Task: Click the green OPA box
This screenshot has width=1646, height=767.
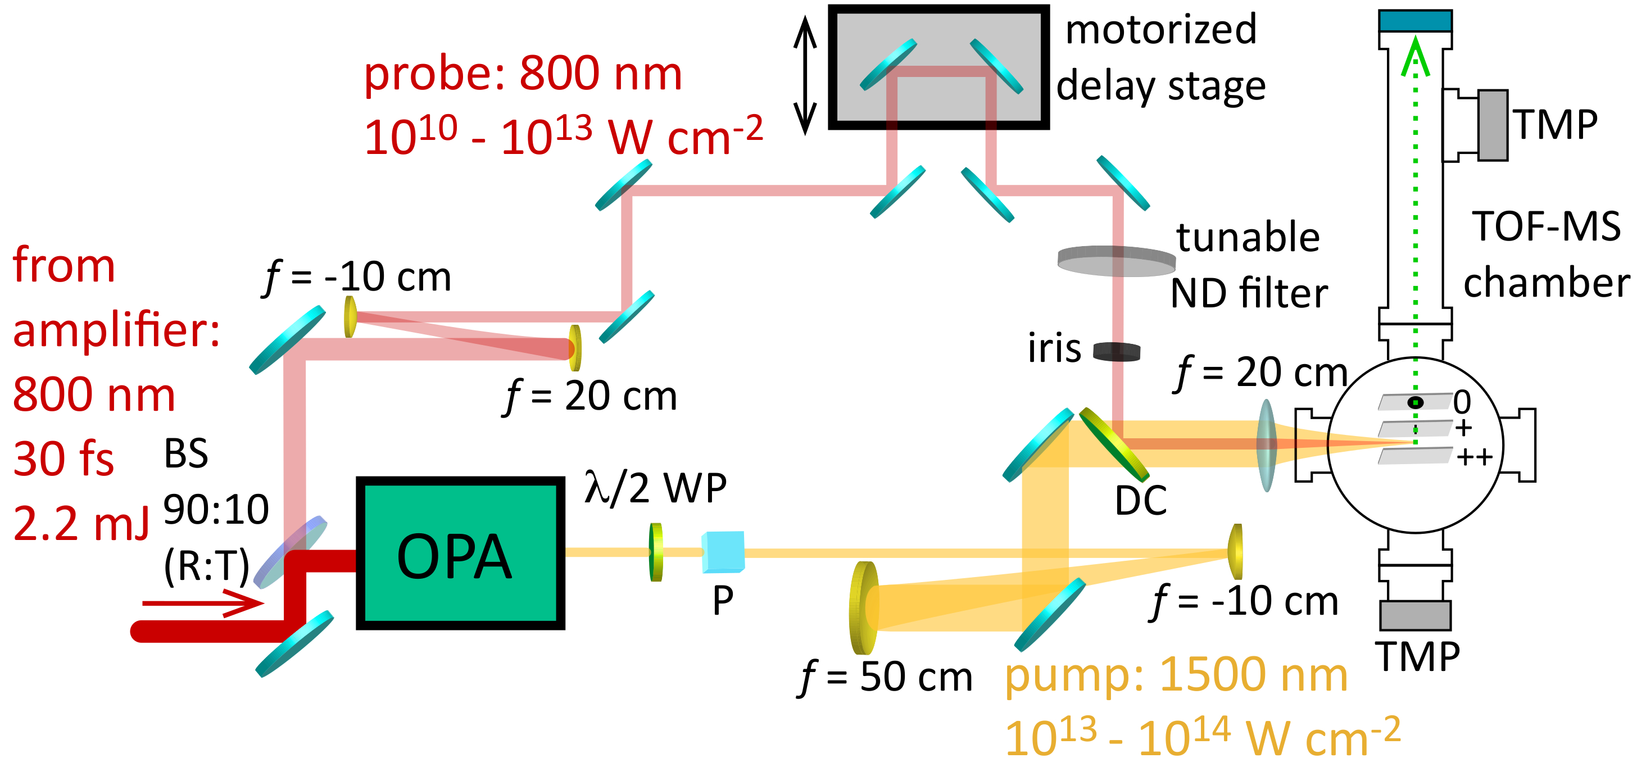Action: pos(460,553)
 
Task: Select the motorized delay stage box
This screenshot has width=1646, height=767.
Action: pos(938,67)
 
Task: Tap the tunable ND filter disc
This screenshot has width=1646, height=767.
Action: pos(1116,261)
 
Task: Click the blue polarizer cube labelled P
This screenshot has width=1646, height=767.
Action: pos(723,552)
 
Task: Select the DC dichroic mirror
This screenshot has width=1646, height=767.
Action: pos(1113,444)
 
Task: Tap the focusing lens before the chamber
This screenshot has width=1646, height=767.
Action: pos(1267,445)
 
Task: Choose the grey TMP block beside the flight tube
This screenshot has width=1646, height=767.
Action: pos(1493,125)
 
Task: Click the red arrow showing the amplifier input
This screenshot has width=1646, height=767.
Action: pos(202,603)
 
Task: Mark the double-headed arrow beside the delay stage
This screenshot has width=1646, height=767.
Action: pos(805,75)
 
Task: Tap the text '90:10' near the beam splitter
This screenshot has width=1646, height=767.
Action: pos(216,510)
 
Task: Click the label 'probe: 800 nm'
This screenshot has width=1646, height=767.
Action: pos(523,74)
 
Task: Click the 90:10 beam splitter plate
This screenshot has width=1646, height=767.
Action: pos(291,552)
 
